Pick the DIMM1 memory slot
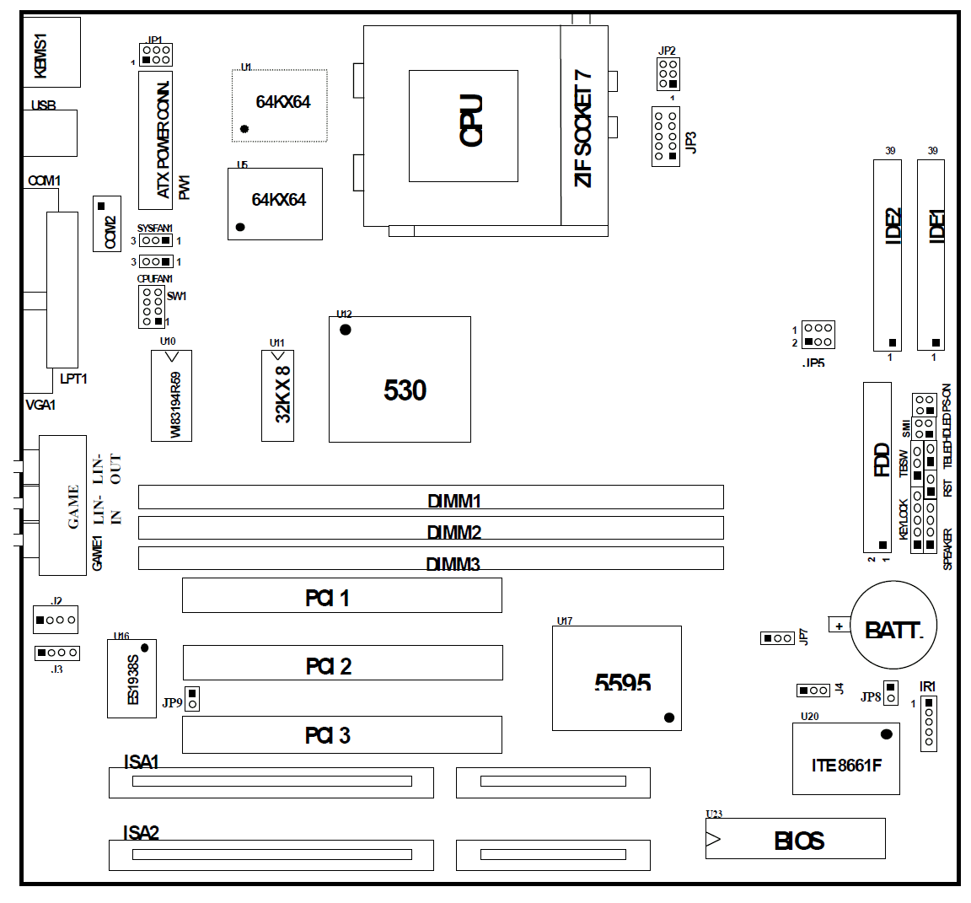pos(430,496)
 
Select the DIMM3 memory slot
pos(430,557)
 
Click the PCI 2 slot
pos(342,663)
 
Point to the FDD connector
pos(877,465)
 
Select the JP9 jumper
pos(192,698)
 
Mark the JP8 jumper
pos(890,692)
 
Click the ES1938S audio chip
pos(131,679)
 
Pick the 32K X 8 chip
pos(277,395)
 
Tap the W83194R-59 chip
pos(171,395)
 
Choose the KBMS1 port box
pos(51,51)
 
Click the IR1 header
pos(928,723)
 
